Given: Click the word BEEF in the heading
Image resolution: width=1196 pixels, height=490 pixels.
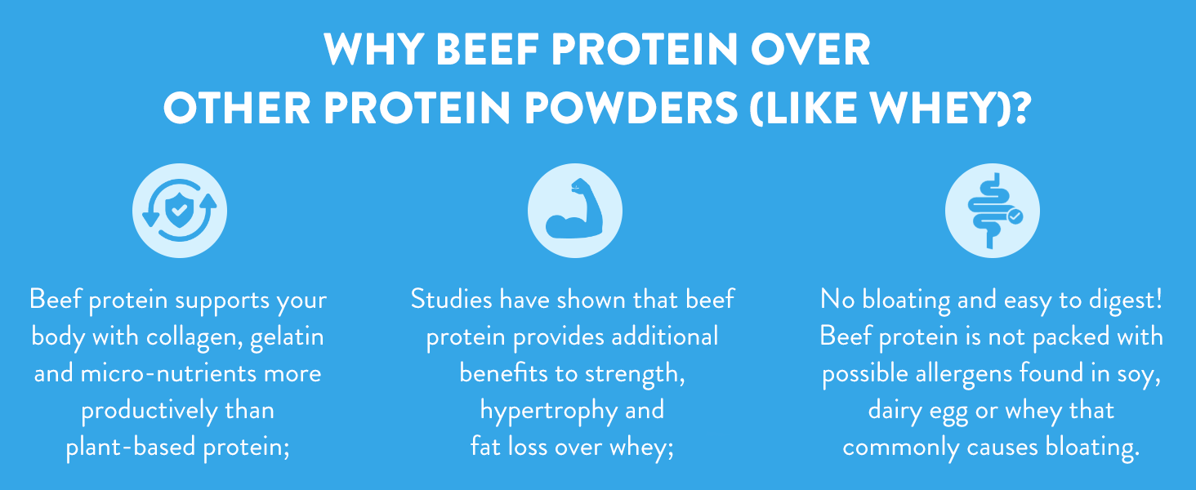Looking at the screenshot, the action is [x=487, y=50].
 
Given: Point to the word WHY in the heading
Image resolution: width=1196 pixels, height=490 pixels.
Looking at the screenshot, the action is [x=374, y=50].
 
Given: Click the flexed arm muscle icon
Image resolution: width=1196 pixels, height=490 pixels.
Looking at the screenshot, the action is [x=574, y=209].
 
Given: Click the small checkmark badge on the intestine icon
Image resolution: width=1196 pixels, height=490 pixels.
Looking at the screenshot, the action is [x=1015, y=216].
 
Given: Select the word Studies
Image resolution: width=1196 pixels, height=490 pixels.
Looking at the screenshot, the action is [x=451, y=299].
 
